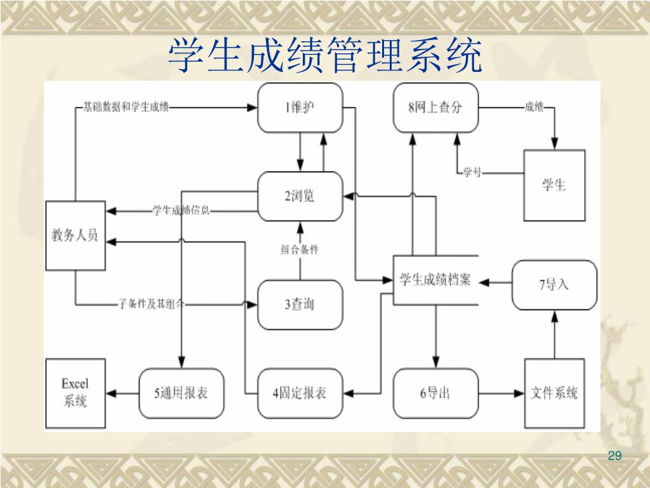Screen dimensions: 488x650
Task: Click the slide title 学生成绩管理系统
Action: [x=325, y=56]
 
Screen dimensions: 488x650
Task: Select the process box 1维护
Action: [x=300, y=107]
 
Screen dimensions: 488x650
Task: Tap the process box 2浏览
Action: [x=300, y=196]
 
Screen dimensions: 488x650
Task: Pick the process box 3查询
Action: [x=300, y=304]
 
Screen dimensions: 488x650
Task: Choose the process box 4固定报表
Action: [x=300, y=393]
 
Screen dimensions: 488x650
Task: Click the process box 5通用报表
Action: [x=182, y=393]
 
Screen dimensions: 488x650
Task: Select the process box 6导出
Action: [x=435, y=393]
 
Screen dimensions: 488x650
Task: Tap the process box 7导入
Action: [x=554, y=285]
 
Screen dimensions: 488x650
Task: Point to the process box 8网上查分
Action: [x=435, y=107]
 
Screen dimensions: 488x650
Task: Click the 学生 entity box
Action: [x=554, y=185]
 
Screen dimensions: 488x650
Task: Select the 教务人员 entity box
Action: [x=76, y=235]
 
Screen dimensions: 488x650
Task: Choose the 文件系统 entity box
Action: [x=554, y=393]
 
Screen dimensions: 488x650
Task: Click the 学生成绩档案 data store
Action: [x=435, y=280]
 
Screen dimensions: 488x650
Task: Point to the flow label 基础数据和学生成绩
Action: [x=126, y=107]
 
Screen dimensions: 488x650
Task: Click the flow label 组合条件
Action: [x=300, y=250]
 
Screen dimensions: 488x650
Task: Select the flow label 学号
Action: [x=472, y=172]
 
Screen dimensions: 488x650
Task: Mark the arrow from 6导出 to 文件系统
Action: [x=501, y=393]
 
